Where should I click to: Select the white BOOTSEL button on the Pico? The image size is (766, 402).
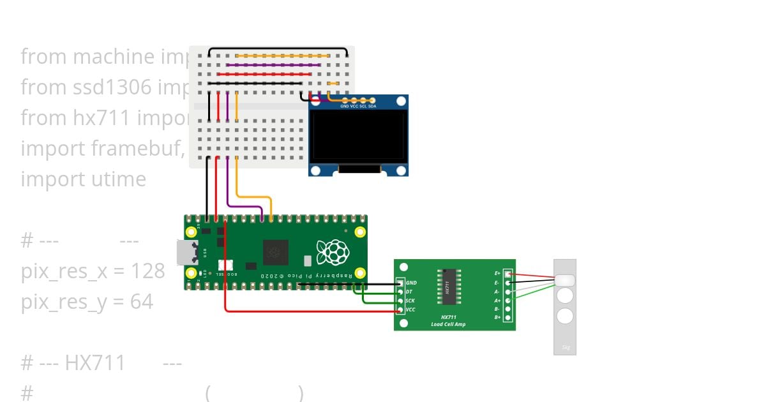[225, 265]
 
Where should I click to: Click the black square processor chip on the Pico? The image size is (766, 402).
[276, 251]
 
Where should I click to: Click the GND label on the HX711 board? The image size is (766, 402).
[412, 283]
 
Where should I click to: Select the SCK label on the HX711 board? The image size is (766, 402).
[410, 301]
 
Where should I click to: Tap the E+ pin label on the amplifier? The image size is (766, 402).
[497, 273]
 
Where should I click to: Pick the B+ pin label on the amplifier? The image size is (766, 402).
[497, 317]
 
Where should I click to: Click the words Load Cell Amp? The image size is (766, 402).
[448, 324]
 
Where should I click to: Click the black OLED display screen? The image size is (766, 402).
[358, 136]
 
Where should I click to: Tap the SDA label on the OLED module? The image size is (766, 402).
[372, 106]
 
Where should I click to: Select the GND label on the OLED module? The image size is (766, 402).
[345, 106]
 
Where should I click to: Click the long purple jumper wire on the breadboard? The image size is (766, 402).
[274, 64]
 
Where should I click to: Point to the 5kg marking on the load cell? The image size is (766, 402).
[565, 348]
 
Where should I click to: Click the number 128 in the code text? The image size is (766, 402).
[148, 271]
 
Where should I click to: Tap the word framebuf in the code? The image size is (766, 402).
[133, 149]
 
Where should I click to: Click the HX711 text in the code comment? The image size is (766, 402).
[95, 363]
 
